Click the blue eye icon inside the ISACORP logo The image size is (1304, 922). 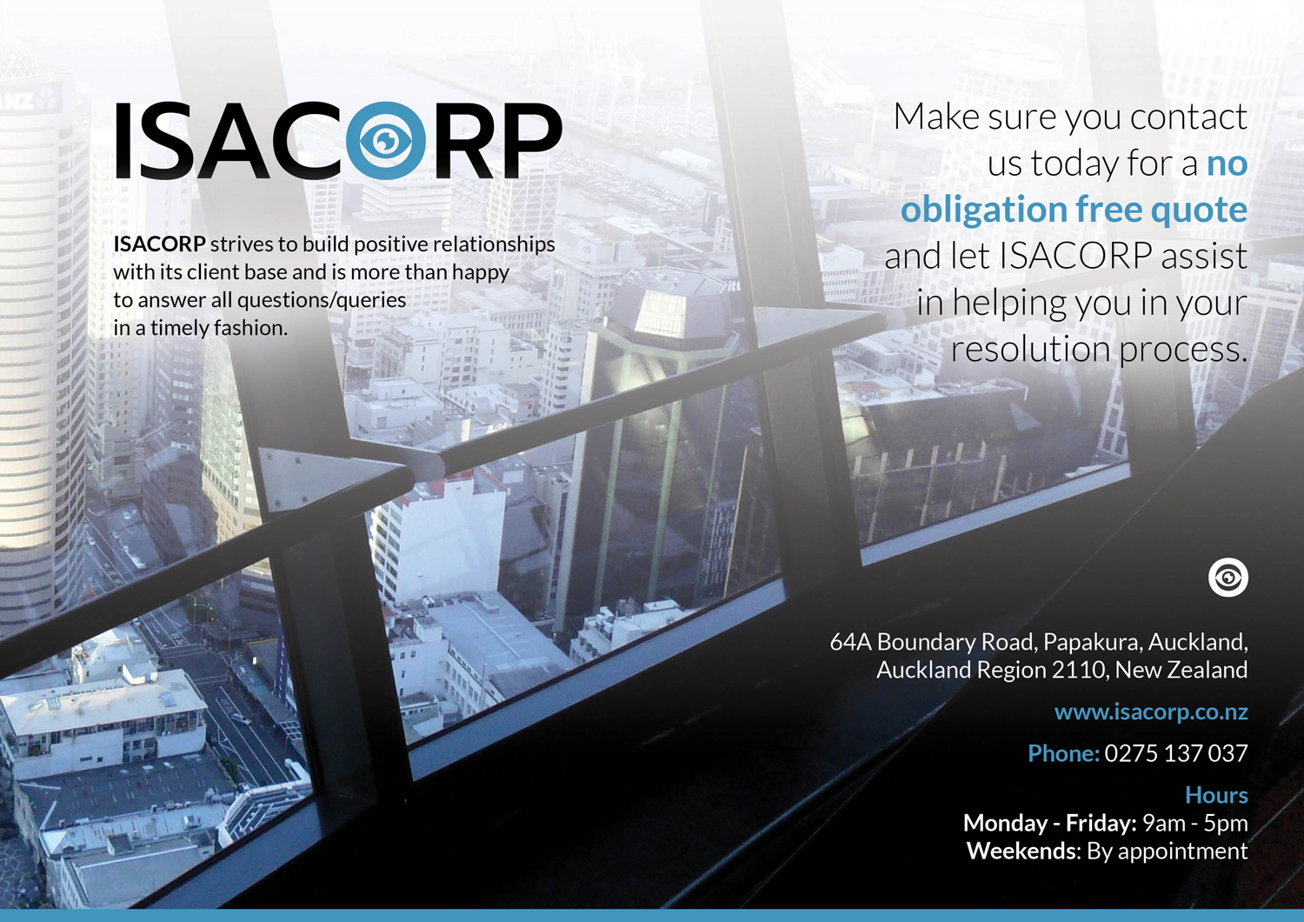385,140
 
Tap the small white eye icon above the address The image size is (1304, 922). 1228,578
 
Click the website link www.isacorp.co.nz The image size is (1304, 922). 1151,713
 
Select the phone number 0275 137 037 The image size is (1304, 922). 1176,753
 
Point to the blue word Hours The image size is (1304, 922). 1217,795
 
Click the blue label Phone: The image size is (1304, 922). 1063,753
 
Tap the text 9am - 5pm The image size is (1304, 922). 1195,824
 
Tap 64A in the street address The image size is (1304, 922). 850,642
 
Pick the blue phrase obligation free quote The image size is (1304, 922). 1074,210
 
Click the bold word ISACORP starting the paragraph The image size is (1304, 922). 159,244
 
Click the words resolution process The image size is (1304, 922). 1099,350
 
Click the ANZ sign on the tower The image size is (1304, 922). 20,100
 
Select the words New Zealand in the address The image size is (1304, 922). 1181,670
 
